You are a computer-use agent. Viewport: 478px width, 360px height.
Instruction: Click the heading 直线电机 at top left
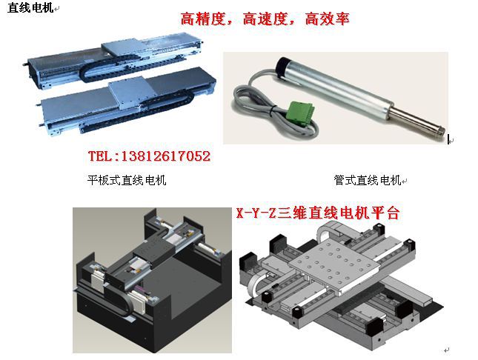tap(30, 7)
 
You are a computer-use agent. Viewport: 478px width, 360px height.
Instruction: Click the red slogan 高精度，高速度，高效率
tap(265, 19)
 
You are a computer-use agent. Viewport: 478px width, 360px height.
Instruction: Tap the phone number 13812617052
tap(166, 156)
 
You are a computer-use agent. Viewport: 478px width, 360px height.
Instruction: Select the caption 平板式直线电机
tap(127, 180)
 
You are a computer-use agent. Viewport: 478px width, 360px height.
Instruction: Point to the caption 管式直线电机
tap(367, 180)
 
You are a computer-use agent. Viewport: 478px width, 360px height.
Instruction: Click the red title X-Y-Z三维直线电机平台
tap(318, 213)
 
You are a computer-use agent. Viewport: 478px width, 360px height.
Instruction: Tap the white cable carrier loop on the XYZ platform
tap(254, 285)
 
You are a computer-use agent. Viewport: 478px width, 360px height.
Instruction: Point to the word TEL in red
tap(100, 156)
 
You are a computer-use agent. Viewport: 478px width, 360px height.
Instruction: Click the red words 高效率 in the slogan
tap(327, 19)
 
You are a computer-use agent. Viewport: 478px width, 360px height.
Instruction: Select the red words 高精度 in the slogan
tap(202, 19)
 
